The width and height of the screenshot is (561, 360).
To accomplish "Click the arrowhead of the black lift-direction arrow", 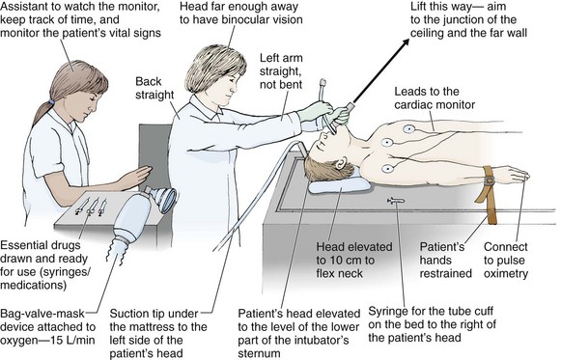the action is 407,42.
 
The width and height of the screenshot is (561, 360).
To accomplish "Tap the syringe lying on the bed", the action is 396,201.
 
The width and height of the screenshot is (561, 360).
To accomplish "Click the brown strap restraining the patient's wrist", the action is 488,194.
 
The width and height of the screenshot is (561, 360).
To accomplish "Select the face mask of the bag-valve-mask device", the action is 163,199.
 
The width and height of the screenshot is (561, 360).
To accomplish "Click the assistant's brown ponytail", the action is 42,112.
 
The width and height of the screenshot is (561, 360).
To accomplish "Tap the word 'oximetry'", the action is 506,274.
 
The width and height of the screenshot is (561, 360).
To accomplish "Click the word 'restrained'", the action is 446,273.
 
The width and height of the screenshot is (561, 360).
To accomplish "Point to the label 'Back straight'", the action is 154,88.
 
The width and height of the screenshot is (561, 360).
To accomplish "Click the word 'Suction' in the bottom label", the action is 129,314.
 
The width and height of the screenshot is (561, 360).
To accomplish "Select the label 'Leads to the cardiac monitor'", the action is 435,97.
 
